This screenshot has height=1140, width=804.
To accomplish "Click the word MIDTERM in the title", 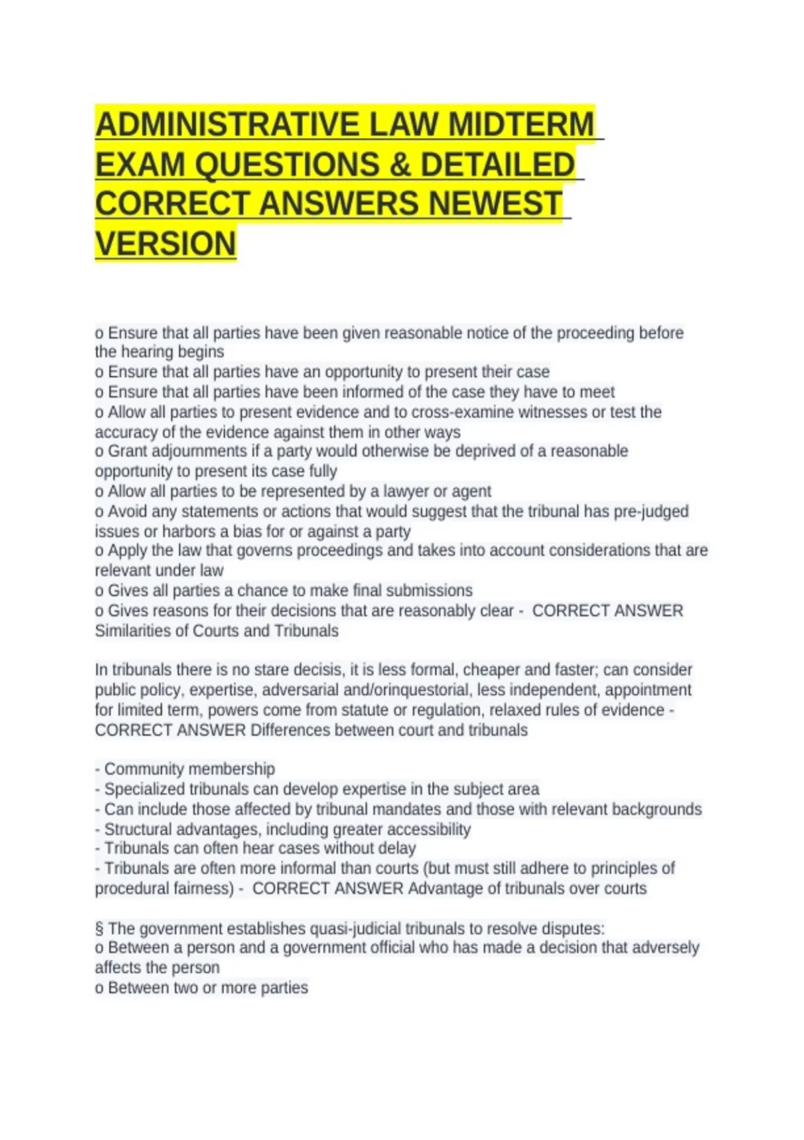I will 521,125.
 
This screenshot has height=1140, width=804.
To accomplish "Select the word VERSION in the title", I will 165,243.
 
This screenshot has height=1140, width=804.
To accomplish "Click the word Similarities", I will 141,630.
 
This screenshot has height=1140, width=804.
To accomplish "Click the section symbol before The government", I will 99,929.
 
